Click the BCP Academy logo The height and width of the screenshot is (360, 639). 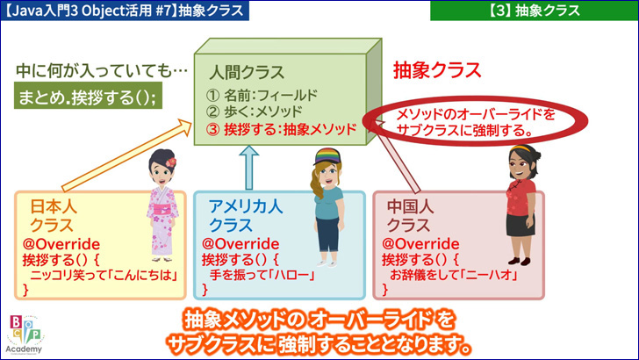click(25, 335)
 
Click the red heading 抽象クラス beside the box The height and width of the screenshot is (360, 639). click(437, 70)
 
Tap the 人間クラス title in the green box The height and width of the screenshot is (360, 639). click(247, 72)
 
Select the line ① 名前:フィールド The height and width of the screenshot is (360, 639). click(262, 95)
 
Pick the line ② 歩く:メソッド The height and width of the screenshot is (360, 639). click(254, 112)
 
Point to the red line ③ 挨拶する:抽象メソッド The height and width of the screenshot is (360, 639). click(281, 129)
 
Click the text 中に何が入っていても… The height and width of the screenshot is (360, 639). click(102, 70)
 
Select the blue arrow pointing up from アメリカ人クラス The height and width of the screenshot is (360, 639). click(248, 168)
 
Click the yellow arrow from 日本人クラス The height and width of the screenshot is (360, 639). click(126, 155)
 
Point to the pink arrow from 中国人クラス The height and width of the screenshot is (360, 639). click(398, 156)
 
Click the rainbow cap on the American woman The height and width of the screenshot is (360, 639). click(327, 156)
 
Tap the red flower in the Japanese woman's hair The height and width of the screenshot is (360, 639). click(171, 162)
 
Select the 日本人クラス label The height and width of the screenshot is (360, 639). click(53, 216)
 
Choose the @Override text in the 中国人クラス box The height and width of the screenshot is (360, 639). click(420, 244)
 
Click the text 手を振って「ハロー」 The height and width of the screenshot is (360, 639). click(262, 275)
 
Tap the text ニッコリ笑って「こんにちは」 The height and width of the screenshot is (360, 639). click(104, 275)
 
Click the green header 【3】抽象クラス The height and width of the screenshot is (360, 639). click(535, 11)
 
